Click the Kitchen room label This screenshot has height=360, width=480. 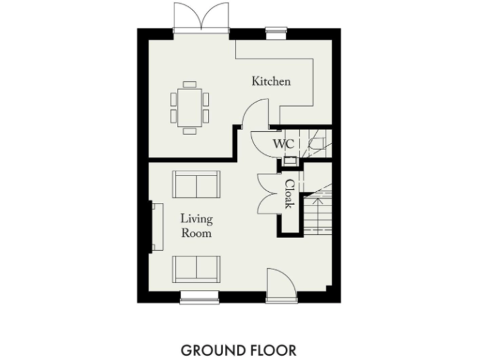pos(271,81)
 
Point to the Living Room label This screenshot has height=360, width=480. pos(196,226)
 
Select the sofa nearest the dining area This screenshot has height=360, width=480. pos(196,185)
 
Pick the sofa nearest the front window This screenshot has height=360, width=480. pos(196,269)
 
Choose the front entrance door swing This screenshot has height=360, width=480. pos(277,281)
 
